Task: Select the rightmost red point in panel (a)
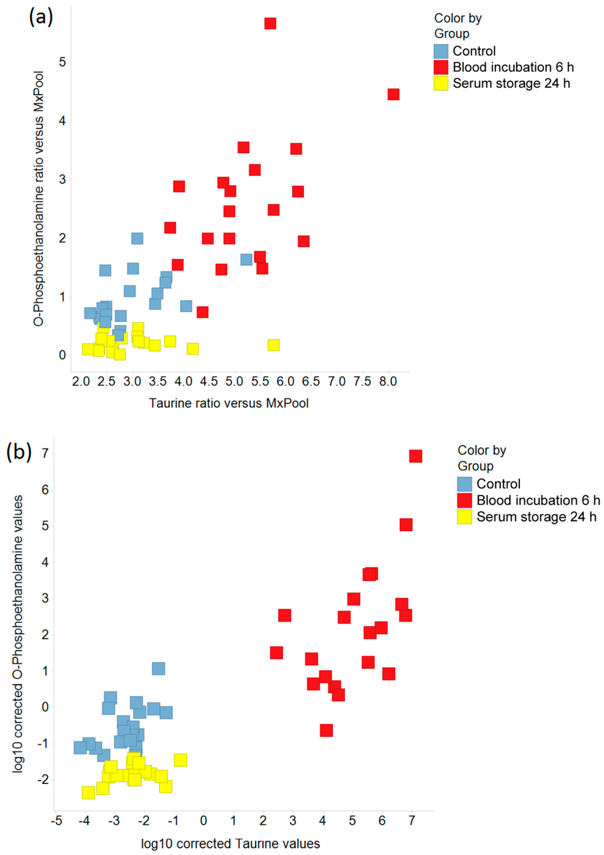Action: pos(393,94)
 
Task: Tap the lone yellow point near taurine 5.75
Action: pos(273,345)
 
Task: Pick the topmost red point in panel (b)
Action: pos(415,456)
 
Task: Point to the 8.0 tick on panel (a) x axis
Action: pos(388,381)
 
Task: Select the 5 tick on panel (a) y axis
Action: pos(62,62)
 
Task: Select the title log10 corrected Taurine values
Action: pos(230,843)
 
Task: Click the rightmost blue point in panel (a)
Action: pos(246,259)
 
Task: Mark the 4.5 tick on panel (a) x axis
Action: pos(209,381)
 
